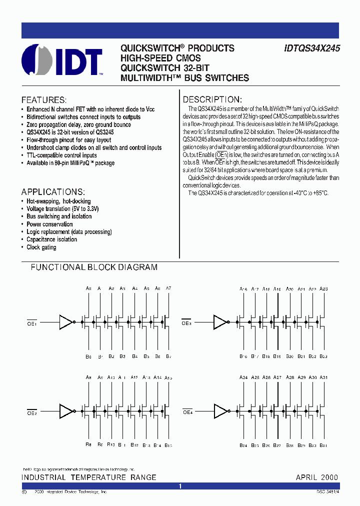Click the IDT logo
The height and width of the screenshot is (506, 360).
[x=62, y=62]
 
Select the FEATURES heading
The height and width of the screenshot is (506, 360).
[x=44, y=99]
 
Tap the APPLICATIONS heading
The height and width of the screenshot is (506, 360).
[x=53, y=192]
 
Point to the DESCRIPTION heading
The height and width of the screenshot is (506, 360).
[x=212, y=99]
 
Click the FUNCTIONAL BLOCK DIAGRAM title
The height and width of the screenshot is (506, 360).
[x=94, y=267]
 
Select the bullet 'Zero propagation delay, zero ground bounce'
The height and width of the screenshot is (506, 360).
[x=78, y=124]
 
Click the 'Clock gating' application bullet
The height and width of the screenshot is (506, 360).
[x=41, y=247]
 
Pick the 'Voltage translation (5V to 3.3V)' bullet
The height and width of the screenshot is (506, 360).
[x=62, y=209]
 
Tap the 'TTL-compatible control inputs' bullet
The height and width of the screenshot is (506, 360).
[x=61, y=155]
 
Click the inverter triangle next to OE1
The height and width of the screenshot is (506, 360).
[x=65, y=321]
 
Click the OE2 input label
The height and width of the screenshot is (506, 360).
[x=32, y=413]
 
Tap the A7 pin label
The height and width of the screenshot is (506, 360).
[x=168, y=288]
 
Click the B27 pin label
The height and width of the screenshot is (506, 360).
[x=277, y=445]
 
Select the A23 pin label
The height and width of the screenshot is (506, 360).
[x=323, y=289]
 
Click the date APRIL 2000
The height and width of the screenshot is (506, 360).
[x=316, y=477]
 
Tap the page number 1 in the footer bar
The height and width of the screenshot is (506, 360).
[x=180, y=486]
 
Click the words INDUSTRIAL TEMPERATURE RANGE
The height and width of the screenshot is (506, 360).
[x=89, y=477]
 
